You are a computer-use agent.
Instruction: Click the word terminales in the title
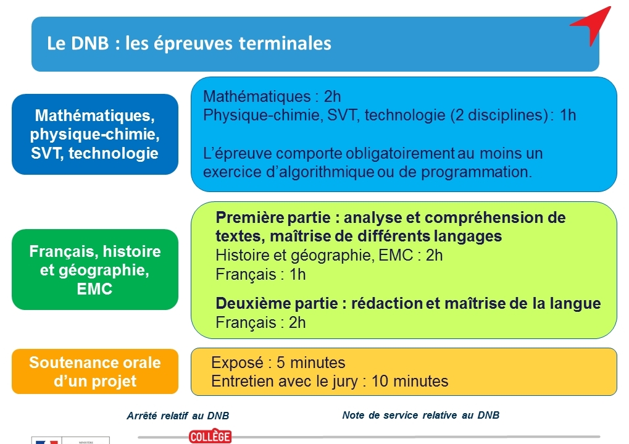285,43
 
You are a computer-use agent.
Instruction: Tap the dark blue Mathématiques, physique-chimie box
95,134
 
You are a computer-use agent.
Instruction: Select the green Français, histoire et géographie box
95,269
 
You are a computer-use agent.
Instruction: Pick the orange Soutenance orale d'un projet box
95,371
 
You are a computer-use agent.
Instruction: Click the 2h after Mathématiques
332,96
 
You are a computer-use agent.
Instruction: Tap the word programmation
476,172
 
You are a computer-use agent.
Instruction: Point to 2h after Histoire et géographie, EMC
434,255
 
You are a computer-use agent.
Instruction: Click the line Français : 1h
260,275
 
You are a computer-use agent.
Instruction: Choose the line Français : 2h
260,322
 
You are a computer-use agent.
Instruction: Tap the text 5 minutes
311,362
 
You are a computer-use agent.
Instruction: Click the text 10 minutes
410,381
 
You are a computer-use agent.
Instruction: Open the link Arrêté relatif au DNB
178,416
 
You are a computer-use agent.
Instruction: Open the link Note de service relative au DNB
421,415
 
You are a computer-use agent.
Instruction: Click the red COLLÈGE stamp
210,437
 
